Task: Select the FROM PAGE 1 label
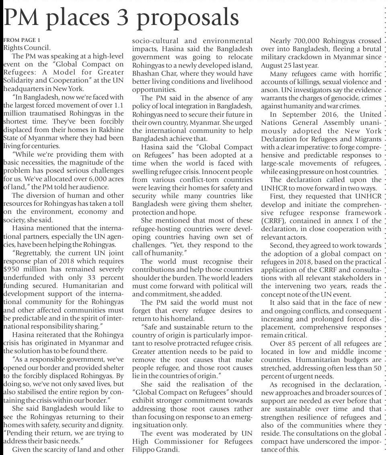(22, 40)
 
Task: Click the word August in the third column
(272, 65)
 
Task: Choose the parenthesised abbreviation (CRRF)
(275, 221)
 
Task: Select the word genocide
(346, 97)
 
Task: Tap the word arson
(268, 89)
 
